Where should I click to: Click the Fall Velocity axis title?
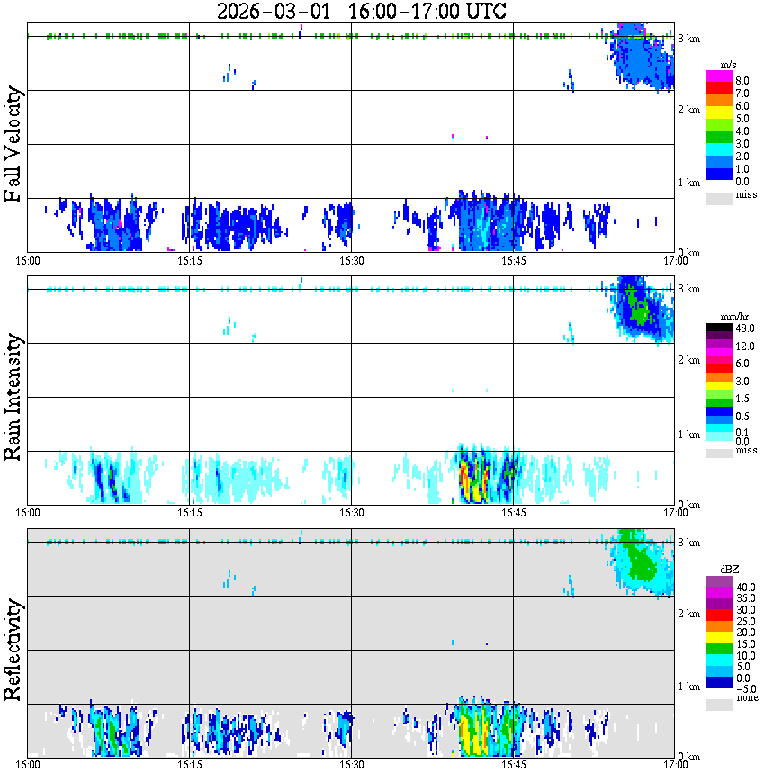point(13,146)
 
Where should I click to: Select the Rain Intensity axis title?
point(13,397)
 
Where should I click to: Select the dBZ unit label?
point(730,569)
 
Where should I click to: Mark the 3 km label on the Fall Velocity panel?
point(688,38)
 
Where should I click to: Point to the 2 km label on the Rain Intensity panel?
point(688,360)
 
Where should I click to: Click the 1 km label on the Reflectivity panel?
point(688,686)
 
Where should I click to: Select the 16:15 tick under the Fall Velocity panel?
point(189,261)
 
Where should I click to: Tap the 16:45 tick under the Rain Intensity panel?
point(513,513)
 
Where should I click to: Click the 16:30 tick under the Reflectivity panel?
point(351,765)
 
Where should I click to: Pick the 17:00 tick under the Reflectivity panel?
point(675,765)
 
